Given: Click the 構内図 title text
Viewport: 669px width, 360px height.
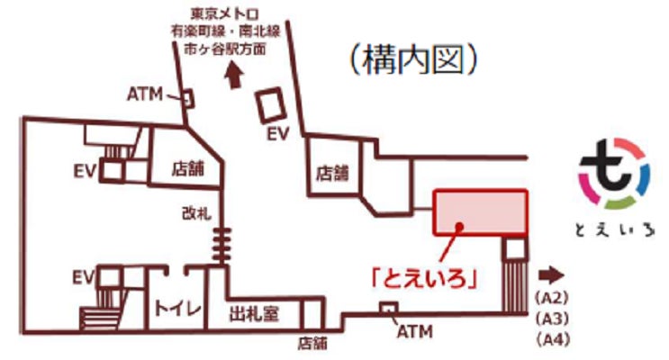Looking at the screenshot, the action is [x=409, y=61].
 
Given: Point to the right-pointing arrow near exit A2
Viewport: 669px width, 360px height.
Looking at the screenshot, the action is [x=550, y=274].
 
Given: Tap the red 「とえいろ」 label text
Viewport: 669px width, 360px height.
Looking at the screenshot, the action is [x=422, y=277].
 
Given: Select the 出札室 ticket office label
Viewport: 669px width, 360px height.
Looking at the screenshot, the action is [x=257, y=314].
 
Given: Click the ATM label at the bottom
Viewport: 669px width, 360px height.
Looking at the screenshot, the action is [x=413, y=332].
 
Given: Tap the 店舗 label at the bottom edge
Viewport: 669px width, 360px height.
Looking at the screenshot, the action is [x=312, y=343].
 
